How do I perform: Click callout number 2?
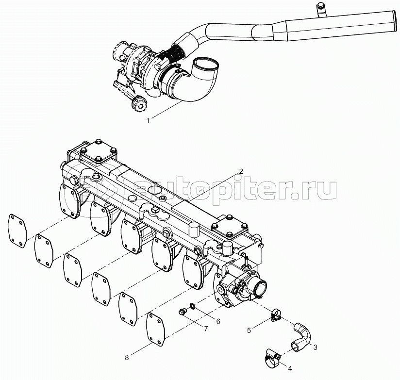[240, 171]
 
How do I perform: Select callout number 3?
[315, 347]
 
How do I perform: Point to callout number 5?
[249, 330]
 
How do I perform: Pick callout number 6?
[218, 321]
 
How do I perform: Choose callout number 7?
[206, 329]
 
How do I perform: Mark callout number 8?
[127, 358]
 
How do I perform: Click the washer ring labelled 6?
[193, 306]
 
